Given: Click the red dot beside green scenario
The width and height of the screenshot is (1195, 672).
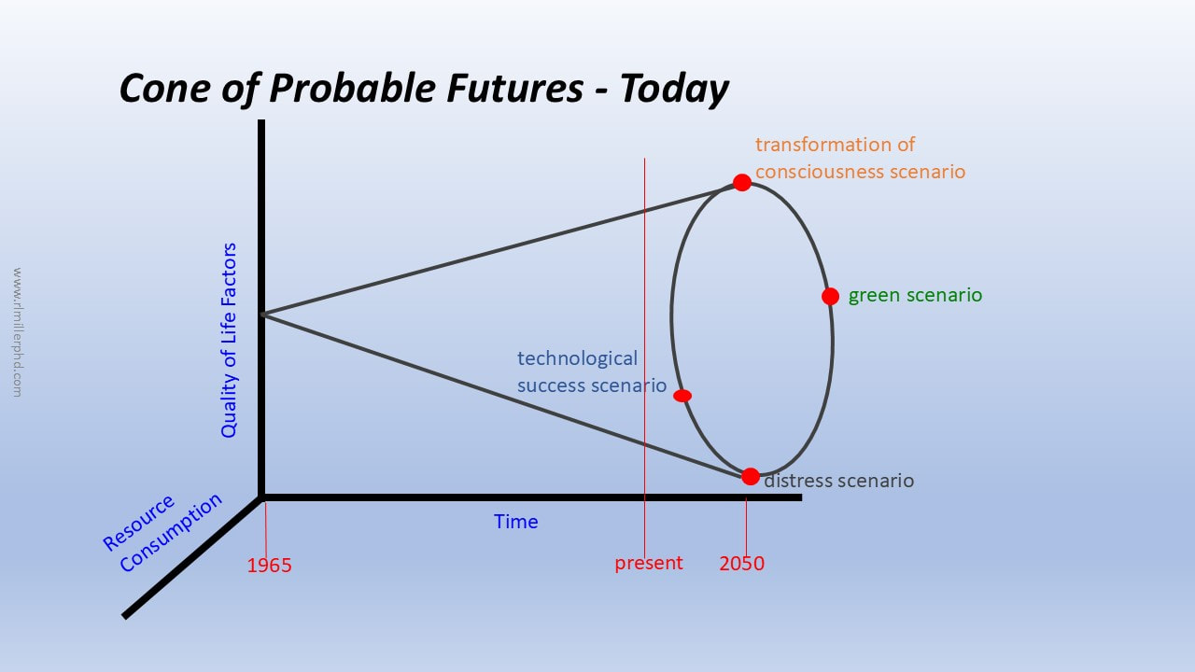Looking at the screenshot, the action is click(x=830, y=296).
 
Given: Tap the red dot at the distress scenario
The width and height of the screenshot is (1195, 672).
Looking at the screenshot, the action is click(x=750, y=476).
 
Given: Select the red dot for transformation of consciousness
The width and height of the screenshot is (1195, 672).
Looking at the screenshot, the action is click(x=741, y=182).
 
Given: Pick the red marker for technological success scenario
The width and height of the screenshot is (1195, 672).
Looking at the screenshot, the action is click(x=682, y=396).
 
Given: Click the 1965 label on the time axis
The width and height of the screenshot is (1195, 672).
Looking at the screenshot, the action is click(x=269, y=566).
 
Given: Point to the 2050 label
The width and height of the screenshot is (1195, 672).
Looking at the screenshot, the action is click(x=741, y=563).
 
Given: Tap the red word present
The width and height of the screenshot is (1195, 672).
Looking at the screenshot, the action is click(x=648, y=563).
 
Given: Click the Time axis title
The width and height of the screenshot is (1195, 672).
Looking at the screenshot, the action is click(x=515, y=521).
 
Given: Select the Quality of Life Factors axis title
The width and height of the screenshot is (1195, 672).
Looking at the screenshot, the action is click(x=229, y=341).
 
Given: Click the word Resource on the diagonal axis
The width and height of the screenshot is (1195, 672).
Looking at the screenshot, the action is click(x=138, y=523).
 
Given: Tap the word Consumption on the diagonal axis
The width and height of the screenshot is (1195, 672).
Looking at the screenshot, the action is click(x=171, y=532).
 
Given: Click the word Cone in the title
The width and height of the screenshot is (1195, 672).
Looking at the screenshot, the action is click(x=165, y=88).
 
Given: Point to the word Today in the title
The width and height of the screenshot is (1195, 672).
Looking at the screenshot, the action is click(x=674, y=89).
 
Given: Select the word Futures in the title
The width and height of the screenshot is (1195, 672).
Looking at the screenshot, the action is click(x=514, y=88).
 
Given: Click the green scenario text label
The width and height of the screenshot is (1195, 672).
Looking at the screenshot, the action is click(x=915, y=295).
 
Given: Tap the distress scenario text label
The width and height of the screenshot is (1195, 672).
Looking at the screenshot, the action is click(x=838, y=480).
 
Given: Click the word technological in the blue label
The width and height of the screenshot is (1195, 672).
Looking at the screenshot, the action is click(x=577, y=358).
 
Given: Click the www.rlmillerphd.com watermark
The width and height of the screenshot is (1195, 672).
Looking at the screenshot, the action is click(x=17, y=332).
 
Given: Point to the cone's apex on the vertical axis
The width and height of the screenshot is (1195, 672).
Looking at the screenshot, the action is click(x=262, y=315).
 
